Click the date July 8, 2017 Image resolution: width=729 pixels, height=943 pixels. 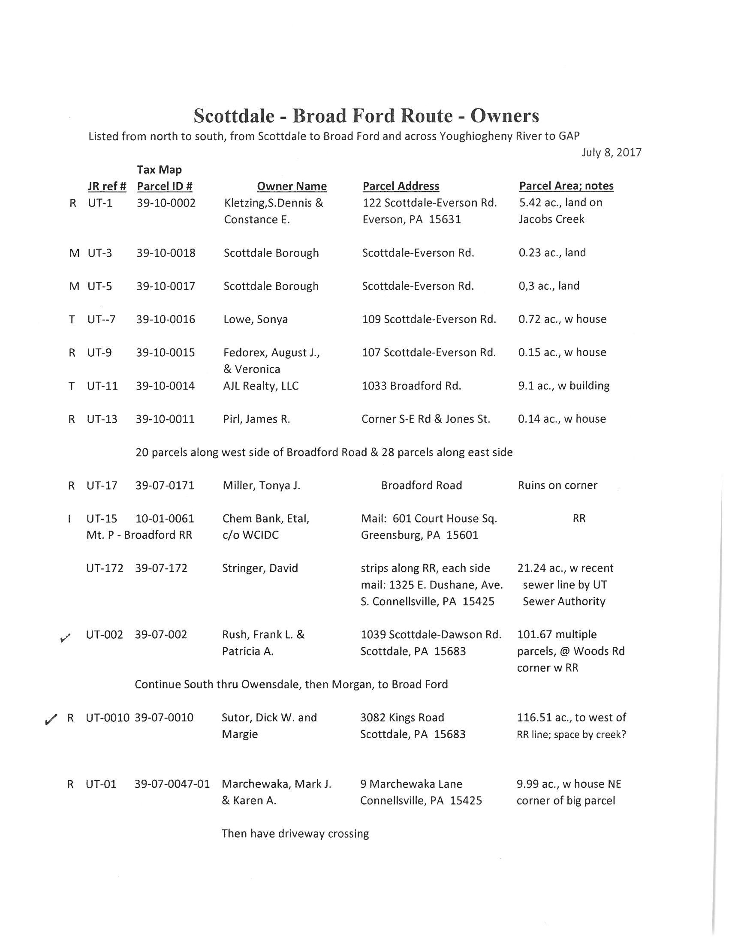point(611,153)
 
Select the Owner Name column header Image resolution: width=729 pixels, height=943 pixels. point(292,186)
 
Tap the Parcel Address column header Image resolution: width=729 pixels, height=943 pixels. point(401,186)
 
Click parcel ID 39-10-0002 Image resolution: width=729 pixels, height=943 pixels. point(166,203)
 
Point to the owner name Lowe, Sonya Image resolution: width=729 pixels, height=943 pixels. point(256,319)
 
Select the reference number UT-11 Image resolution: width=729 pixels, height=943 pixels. point(102,386)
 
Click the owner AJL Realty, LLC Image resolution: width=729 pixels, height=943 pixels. point(261,386)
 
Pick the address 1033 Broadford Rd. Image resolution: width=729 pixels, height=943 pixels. point(411,386)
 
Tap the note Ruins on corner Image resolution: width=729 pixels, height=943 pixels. point(557,485)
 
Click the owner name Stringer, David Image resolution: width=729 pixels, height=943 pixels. point(260,568)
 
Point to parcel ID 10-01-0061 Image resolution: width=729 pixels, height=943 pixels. point(165,519)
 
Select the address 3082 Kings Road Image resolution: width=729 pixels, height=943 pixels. point(402,718)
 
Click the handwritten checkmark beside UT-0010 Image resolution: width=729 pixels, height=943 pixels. point(51,719)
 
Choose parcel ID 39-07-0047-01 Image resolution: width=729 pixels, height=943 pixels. point(172,784)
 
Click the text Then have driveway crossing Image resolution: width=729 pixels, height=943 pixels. point(295,834)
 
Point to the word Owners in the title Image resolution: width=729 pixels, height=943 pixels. point(504,116)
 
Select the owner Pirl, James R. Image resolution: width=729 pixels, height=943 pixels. point(256,419)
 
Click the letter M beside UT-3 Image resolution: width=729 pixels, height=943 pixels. point(74,253)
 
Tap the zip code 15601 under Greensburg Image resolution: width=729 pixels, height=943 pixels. point(462,535)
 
